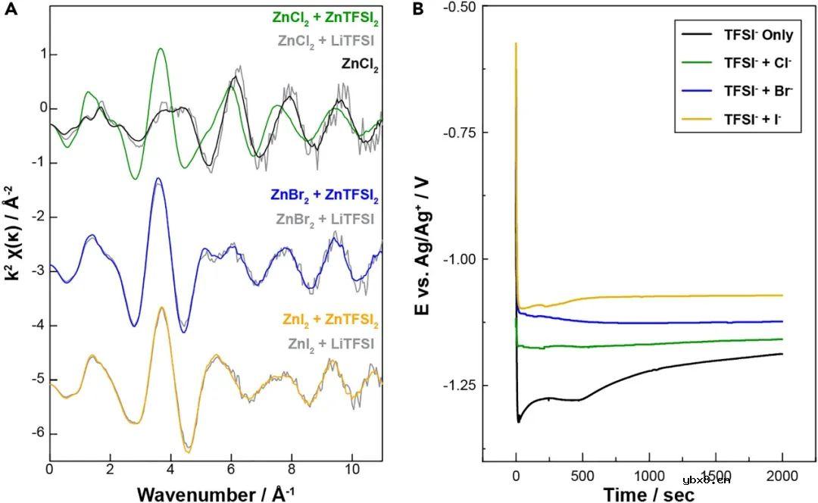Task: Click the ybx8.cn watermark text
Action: (x=706, y=479)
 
